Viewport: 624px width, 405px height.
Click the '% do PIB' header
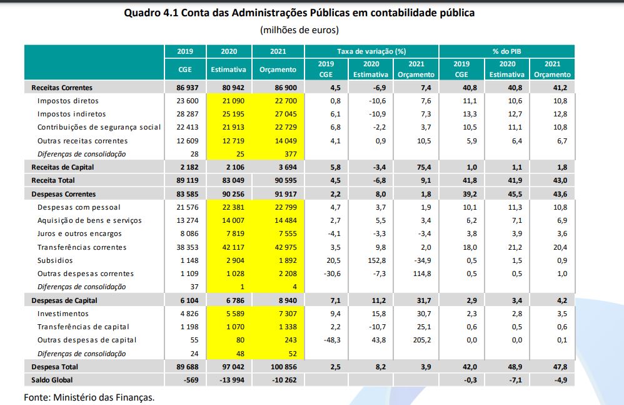[x=506, y=51]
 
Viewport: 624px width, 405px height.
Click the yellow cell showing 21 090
[x=233, y=101]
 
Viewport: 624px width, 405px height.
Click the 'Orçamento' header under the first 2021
[x=278, y=69]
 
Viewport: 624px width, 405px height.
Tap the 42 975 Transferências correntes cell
[x=282, y=247]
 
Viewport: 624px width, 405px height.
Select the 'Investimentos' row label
[x=63, y=314]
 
